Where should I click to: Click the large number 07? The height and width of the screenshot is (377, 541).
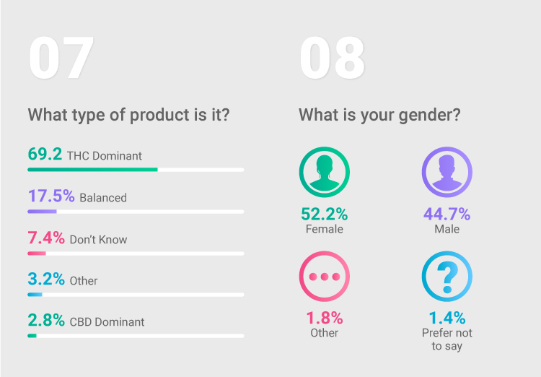[x=61, y=57]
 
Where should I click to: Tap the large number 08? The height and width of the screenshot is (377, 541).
[x=333, y=57]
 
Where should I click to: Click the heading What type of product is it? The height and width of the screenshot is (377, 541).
[x=128, y=115]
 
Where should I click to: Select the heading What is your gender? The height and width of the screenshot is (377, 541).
[x=379, y=115]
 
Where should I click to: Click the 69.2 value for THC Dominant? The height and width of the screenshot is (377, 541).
[x=45, y=154]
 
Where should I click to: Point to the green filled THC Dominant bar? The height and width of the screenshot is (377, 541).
[x=92, y=170]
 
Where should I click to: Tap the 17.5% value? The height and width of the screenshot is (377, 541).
[x=51, y=196]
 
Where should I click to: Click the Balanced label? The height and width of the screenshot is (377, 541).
[x=103, y=198]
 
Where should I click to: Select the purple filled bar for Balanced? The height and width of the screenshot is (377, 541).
[x=42, y=212]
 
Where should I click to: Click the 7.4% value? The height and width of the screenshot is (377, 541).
[x=46, y=238]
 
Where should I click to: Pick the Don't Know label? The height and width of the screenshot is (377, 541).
[x=98, y=240]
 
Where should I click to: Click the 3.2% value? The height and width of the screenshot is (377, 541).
[x=46, y=279]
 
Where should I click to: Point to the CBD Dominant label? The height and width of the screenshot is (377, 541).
[x=107, y=322]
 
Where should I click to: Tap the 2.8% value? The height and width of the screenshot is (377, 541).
[x=46, y=320]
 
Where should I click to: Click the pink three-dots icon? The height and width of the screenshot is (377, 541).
[x=325, y=277]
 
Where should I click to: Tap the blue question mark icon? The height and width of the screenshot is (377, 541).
[x=447, y=277]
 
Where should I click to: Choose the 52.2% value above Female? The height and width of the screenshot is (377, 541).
[x=325, y=214]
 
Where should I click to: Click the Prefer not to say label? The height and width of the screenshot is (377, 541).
[x=447, y=339]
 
